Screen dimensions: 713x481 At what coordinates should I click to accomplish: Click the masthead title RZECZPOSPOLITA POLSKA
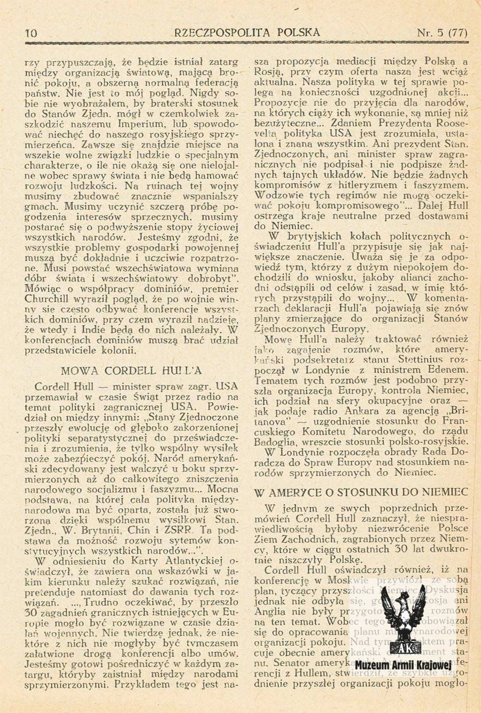click(x=247, y=33)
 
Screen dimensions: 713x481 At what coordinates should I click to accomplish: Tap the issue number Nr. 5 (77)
click(x=441, y=33)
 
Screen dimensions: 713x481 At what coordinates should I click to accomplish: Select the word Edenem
click(x=447, y=370)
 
